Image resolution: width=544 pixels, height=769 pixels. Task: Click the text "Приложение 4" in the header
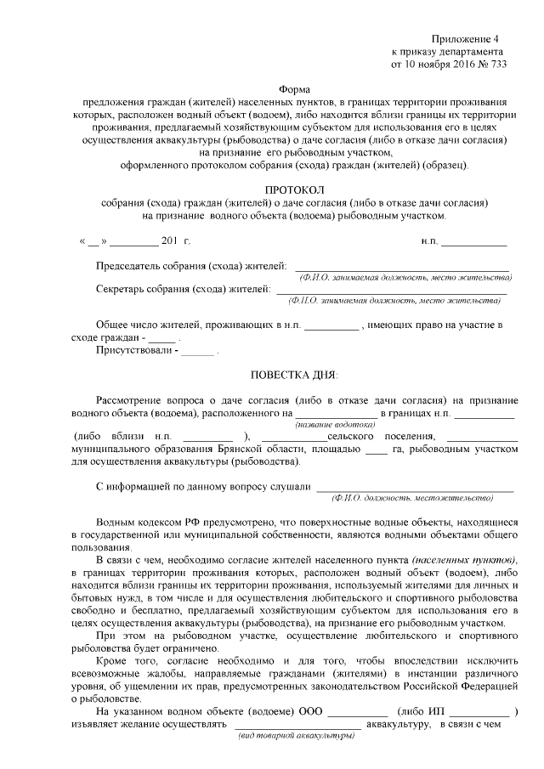point(467,39)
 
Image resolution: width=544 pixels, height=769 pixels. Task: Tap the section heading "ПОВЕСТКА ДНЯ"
point(293,374)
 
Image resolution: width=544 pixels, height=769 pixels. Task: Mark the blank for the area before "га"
point(376,450)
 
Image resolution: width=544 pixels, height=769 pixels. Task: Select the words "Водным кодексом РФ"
point(144,523)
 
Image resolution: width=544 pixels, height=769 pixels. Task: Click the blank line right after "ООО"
point(358,712)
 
